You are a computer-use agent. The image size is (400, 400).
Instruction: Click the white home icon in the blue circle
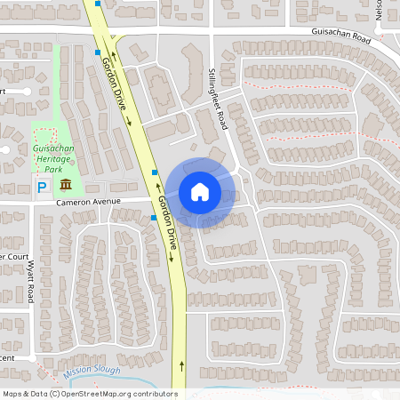click(x=200, y=192)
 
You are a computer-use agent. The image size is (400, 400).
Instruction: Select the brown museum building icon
click(x=67, y=185)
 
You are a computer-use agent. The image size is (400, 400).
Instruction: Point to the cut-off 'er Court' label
click(x=15, y=256)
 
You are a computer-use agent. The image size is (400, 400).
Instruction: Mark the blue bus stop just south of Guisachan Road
click(x=98, y=52)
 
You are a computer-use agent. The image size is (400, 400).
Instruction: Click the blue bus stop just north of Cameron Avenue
click(x=155, y=172)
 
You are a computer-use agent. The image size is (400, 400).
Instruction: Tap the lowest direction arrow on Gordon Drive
click(x=182, y=364)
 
